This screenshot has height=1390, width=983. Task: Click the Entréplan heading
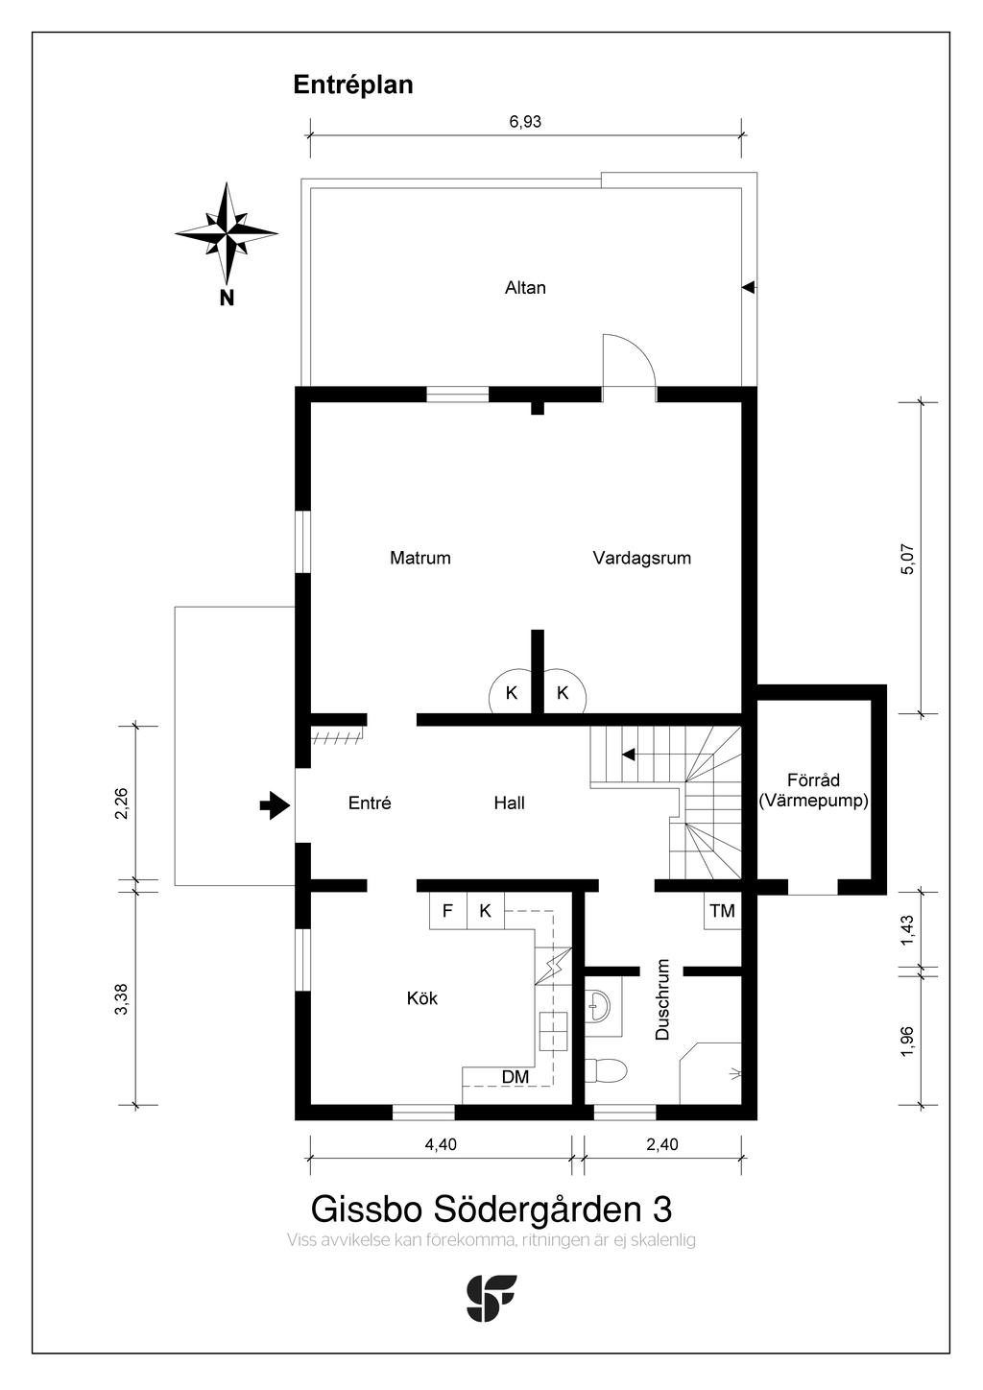pos(352,84)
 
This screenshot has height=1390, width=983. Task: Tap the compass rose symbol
pos(227,232)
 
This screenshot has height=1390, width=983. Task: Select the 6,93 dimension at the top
pos(525,122)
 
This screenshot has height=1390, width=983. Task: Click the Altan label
pos(525,287)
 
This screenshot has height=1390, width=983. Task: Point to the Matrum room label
pos(420,558)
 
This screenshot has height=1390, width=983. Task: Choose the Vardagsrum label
pos(641,558)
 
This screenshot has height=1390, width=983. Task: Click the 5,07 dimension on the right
pos(908,559)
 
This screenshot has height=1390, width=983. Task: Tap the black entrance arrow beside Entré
pos(276,805)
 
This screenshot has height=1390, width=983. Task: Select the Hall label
pos(509,803)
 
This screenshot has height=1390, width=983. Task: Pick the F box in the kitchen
pos(447,911)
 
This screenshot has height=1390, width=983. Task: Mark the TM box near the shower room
pos(722,911)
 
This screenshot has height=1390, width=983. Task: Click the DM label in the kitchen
pos(515,1077)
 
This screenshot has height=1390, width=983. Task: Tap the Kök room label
pos(421,998)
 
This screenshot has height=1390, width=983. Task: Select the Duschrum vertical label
pos(662,999)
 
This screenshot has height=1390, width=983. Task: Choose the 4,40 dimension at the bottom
pos(440,1144)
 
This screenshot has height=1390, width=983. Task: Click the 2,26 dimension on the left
pos(121,803)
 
